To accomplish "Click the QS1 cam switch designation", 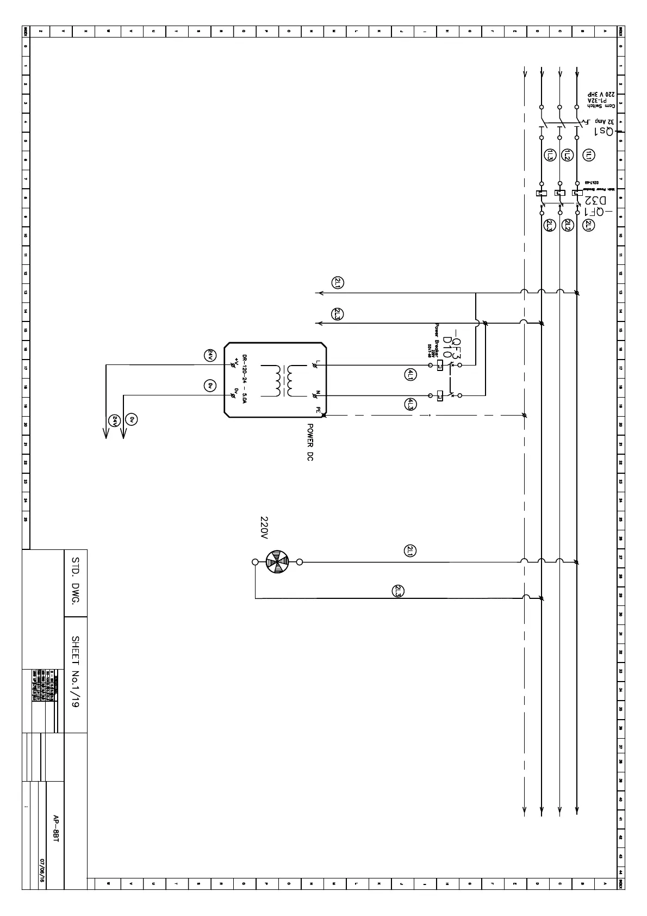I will [x=604, y=132].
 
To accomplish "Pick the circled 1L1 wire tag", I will [x=589, y=155].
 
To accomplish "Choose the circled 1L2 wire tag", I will [x=567, y=155].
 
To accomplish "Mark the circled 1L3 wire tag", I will [x=550, y=155].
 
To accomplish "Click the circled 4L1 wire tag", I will [x=410, y=374].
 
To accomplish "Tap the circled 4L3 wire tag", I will [x=410, y=404].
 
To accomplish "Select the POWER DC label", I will [x=310, y=442].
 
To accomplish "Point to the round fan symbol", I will [x=277, y=562].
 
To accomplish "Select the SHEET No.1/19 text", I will [x=76, y=672].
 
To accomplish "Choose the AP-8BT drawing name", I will [x=55, y=828].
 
